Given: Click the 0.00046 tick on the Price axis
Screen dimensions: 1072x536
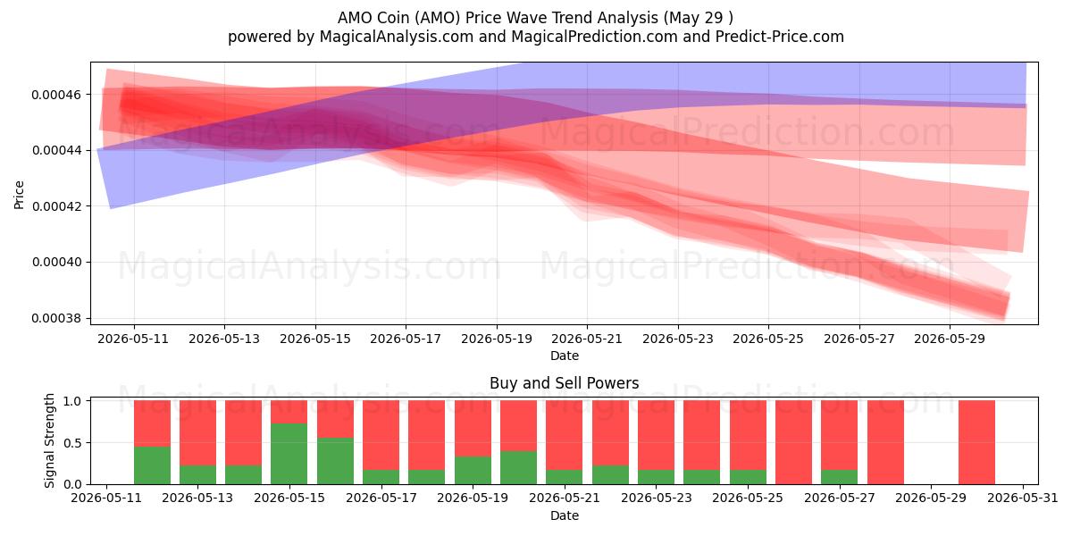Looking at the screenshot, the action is coord(56,95).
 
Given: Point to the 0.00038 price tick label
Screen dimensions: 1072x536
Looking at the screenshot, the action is coord(56,318).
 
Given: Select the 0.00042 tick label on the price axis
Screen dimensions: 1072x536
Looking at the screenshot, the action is coord(56,206).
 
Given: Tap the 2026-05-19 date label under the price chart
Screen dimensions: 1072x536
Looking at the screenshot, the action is coord(497,339).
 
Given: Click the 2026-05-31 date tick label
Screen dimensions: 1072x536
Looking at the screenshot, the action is coord(1023,498).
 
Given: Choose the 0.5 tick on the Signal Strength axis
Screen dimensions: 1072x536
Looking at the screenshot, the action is coord(72,443).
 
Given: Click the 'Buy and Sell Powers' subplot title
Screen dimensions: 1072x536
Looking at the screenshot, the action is coord(565,383).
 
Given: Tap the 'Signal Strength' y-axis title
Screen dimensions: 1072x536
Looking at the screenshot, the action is coord(49,440).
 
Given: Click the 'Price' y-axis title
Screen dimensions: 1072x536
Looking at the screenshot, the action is coord(19,195).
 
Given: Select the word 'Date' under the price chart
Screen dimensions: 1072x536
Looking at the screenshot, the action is coord(565,356).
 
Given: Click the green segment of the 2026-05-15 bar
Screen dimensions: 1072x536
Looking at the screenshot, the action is coord(289,454).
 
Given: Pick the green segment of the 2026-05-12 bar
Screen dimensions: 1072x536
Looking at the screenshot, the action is coord(152,465).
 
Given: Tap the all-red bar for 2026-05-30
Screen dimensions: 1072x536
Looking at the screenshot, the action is coord(976,442).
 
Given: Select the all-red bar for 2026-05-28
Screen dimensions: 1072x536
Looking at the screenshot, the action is coord(885,442).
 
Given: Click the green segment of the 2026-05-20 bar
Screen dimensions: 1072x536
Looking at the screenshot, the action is coord(519,467).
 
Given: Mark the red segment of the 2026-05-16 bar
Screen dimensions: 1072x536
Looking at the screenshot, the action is coord(336,419).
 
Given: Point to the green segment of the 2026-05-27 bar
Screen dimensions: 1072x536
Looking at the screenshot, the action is coord(840,477).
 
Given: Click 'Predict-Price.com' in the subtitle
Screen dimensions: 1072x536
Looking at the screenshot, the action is coord(780,37).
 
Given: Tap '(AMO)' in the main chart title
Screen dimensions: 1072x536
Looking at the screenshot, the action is coord(438,18).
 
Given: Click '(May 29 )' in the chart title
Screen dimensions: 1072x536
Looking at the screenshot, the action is coord(699,18).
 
